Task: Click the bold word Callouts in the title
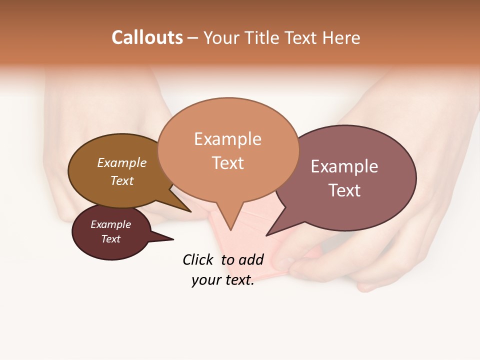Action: pyautogui.click(x=147, y=37)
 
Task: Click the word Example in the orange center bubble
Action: pyautogui.click(x=227, y=139)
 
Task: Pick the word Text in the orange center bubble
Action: pyautogui.click(x=228, y=163)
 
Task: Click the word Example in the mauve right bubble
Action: pyautogui.click(x=344, y=166)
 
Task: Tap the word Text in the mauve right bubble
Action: pyautogui.click(x=344, y=190)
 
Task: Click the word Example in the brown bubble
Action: pyautogui.click(x=122, y=163)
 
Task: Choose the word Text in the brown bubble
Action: pyautogui.click(x=121, y=180)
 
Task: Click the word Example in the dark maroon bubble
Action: pyautogui.click(x=111, y=224)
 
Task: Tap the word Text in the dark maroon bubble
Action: pyautogui.click(x=111, y=239)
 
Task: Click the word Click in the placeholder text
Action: pyautogui.click(x=197, y=259)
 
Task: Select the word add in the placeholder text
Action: pyautogui.click(x=250, y=259)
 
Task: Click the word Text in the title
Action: pyautogui.click(x=303, y=38)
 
